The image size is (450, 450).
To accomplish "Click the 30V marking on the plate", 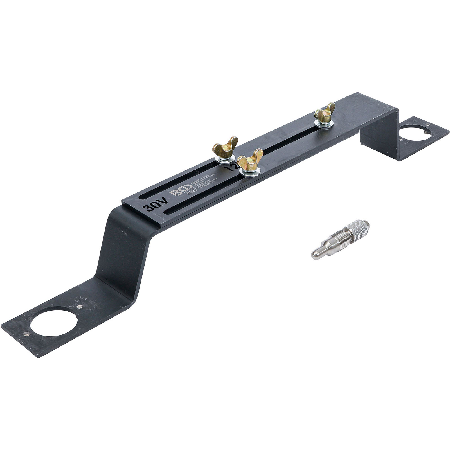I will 152,208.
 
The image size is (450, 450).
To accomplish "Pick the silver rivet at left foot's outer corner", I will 27,334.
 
